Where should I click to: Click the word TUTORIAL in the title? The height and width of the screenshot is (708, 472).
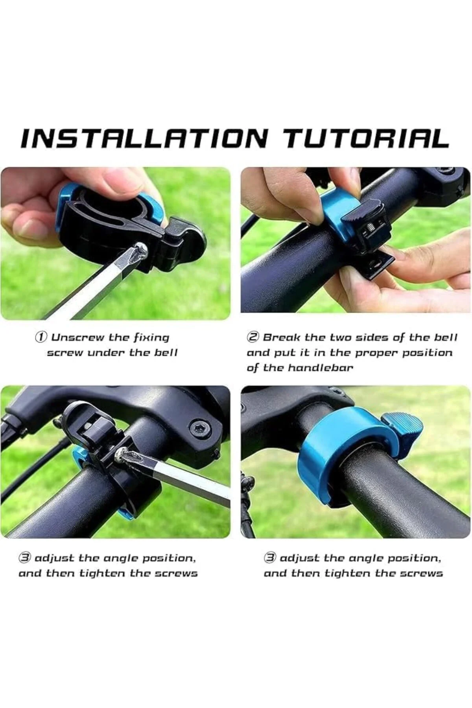(365, 138)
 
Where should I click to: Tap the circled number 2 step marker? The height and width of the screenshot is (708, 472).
(253, 337)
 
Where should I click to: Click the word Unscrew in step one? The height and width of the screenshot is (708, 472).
(78, 337)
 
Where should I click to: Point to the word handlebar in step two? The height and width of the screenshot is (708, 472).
(321, 368)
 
